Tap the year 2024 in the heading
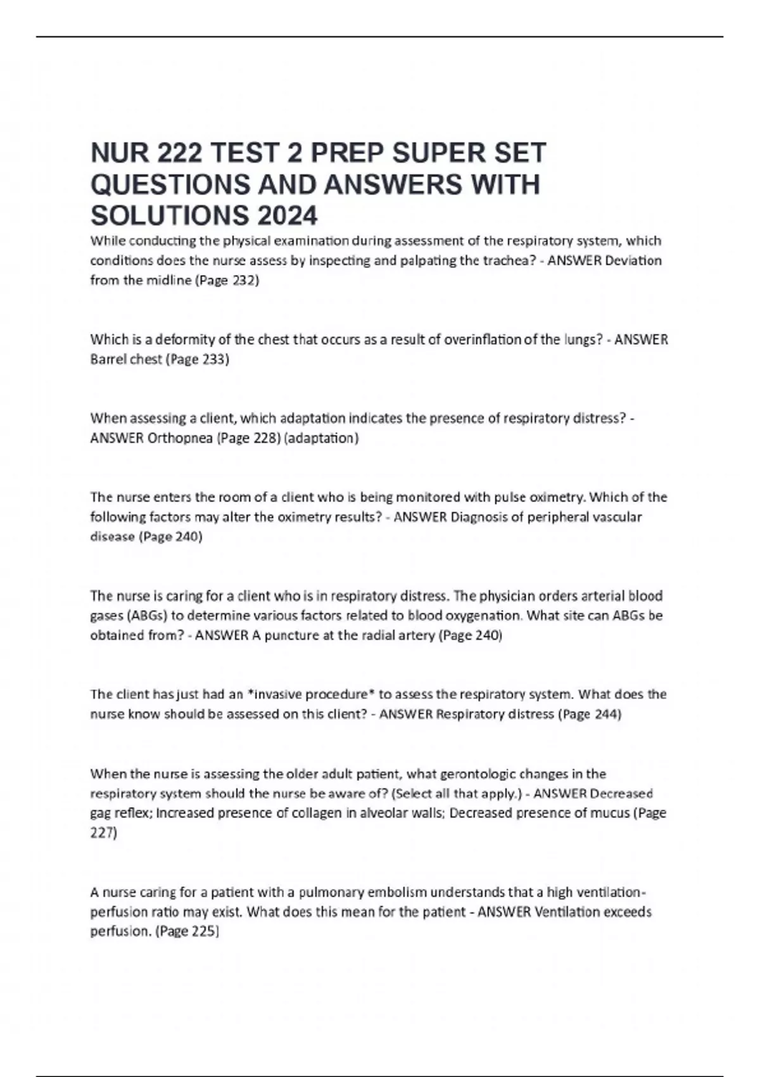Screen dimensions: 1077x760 pyautogui.click(x=287, y=215)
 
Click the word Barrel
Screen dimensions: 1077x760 pyautogui.click(x=108, y=359)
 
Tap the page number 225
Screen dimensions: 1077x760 pyautogui.click(x=205, y=931)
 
